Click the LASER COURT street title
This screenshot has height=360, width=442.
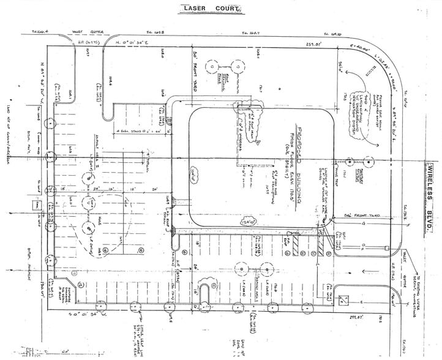211,8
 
